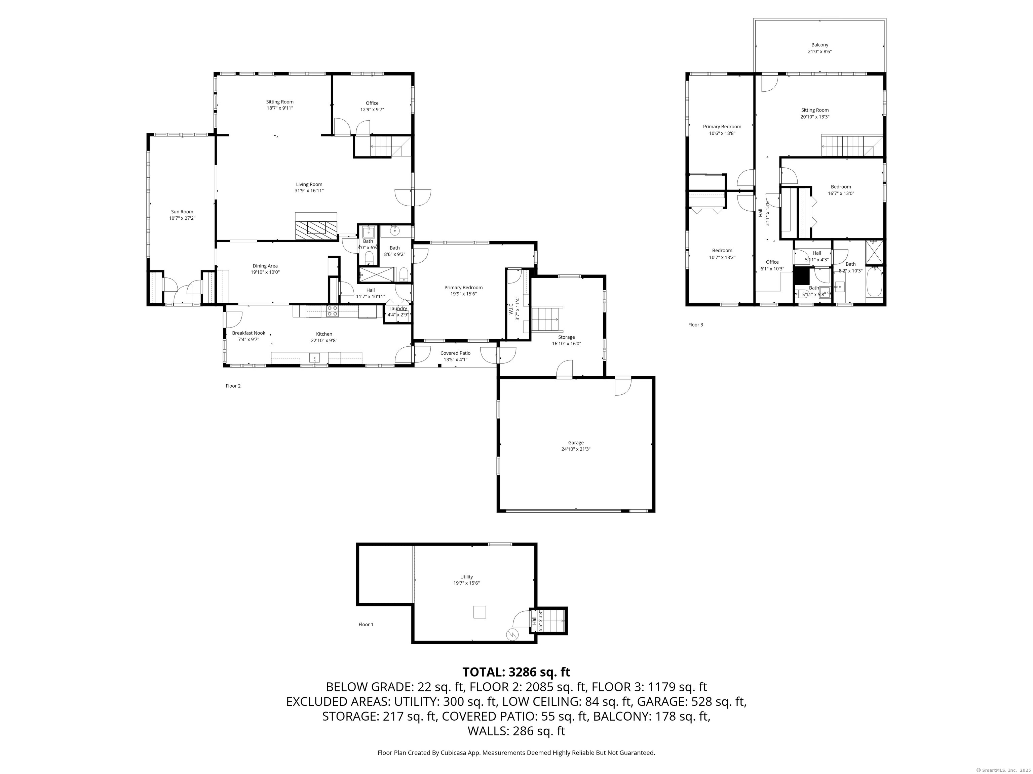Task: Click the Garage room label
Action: click(x=576, y=443)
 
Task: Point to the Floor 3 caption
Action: click(x=695, y=325)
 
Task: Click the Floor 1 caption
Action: click(x=366, y=624)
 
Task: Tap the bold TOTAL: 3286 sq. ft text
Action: click(x=516, y=672)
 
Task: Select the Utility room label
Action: click(x=466, y=577)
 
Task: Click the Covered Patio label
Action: click(x=455, y=353)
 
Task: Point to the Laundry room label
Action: click(x=398, y=308)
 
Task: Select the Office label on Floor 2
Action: click(x=372, y=103)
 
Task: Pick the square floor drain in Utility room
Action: click(x=480, y=612)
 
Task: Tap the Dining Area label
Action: click(x=265, y=266)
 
